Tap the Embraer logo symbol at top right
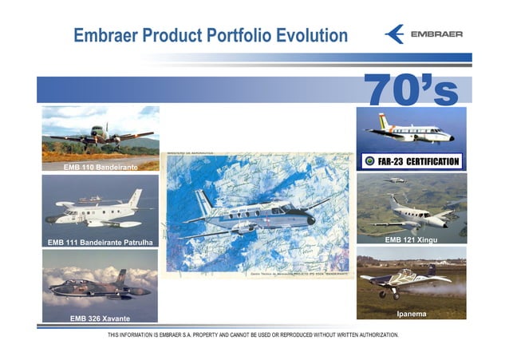click(x=394, y=34)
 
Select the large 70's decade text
click(x=411, y=90)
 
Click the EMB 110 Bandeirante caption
click(x=101, y=168)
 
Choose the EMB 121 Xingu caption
click(x=411, y=239)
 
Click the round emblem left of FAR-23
click(x=369, y=161)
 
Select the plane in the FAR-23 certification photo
click(x=408, y=130)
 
